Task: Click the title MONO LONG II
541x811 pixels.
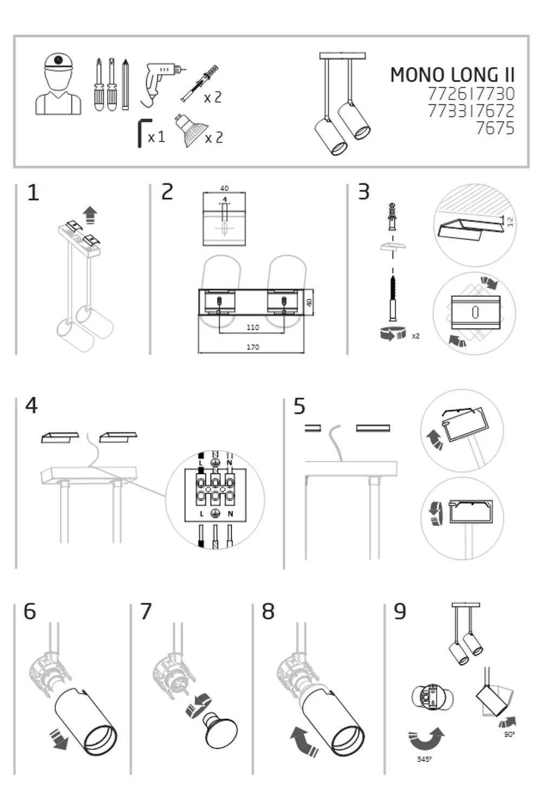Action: coord(452,75)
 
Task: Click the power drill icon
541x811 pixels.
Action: coord(160,81)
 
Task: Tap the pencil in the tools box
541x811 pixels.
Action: coord(126,84)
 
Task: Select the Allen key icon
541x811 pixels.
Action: coord(141,132)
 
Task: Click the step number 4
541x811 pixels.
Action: coord(31,405)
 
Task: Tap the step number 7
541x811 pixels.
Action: coord(146,611)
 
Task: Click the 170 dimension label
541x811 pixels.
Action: coord(253,347)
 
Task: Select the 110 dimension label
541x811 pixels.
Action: coord(253,327)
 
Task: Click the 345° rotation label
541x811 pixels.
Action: coord(424,759)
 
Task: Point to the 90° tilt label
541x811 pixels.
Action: coord(509,734)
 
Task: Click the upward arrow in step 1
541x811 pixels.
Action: coord(90,215)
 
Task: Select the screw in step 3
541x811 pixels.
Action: coord(393,297)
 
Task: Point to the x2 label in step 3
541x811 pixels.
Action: coord(415,336)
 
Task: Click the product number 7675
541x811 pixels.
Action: coord(494,128)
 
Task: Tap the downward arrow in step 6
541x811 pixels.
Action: coord(59,738)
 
